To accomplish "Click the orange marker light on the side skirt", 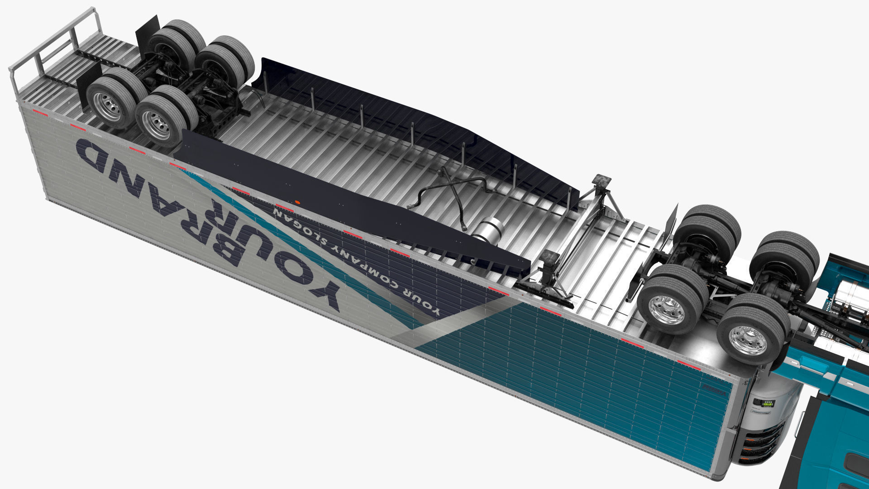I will [x=297, y=201].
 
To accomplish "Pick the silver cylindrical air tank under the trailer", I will [x=486, y=230].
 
